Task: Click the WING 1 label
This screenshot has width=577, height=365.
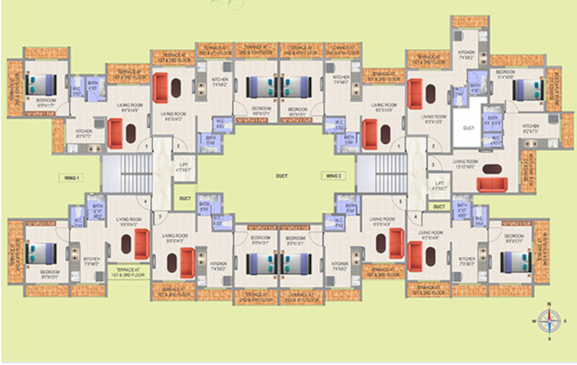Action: (70, 176)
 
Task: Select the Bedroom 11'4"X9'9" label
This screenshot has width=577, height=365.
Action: (506, 73)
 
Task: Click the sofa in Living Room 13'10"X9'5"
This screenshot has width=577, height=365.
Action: (492, 186)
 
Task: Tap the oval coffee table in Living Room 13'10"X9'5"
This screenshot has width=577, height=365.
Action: (492, 169)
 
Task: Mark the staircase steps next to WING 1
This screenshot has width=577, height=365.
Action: (119, 175)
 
